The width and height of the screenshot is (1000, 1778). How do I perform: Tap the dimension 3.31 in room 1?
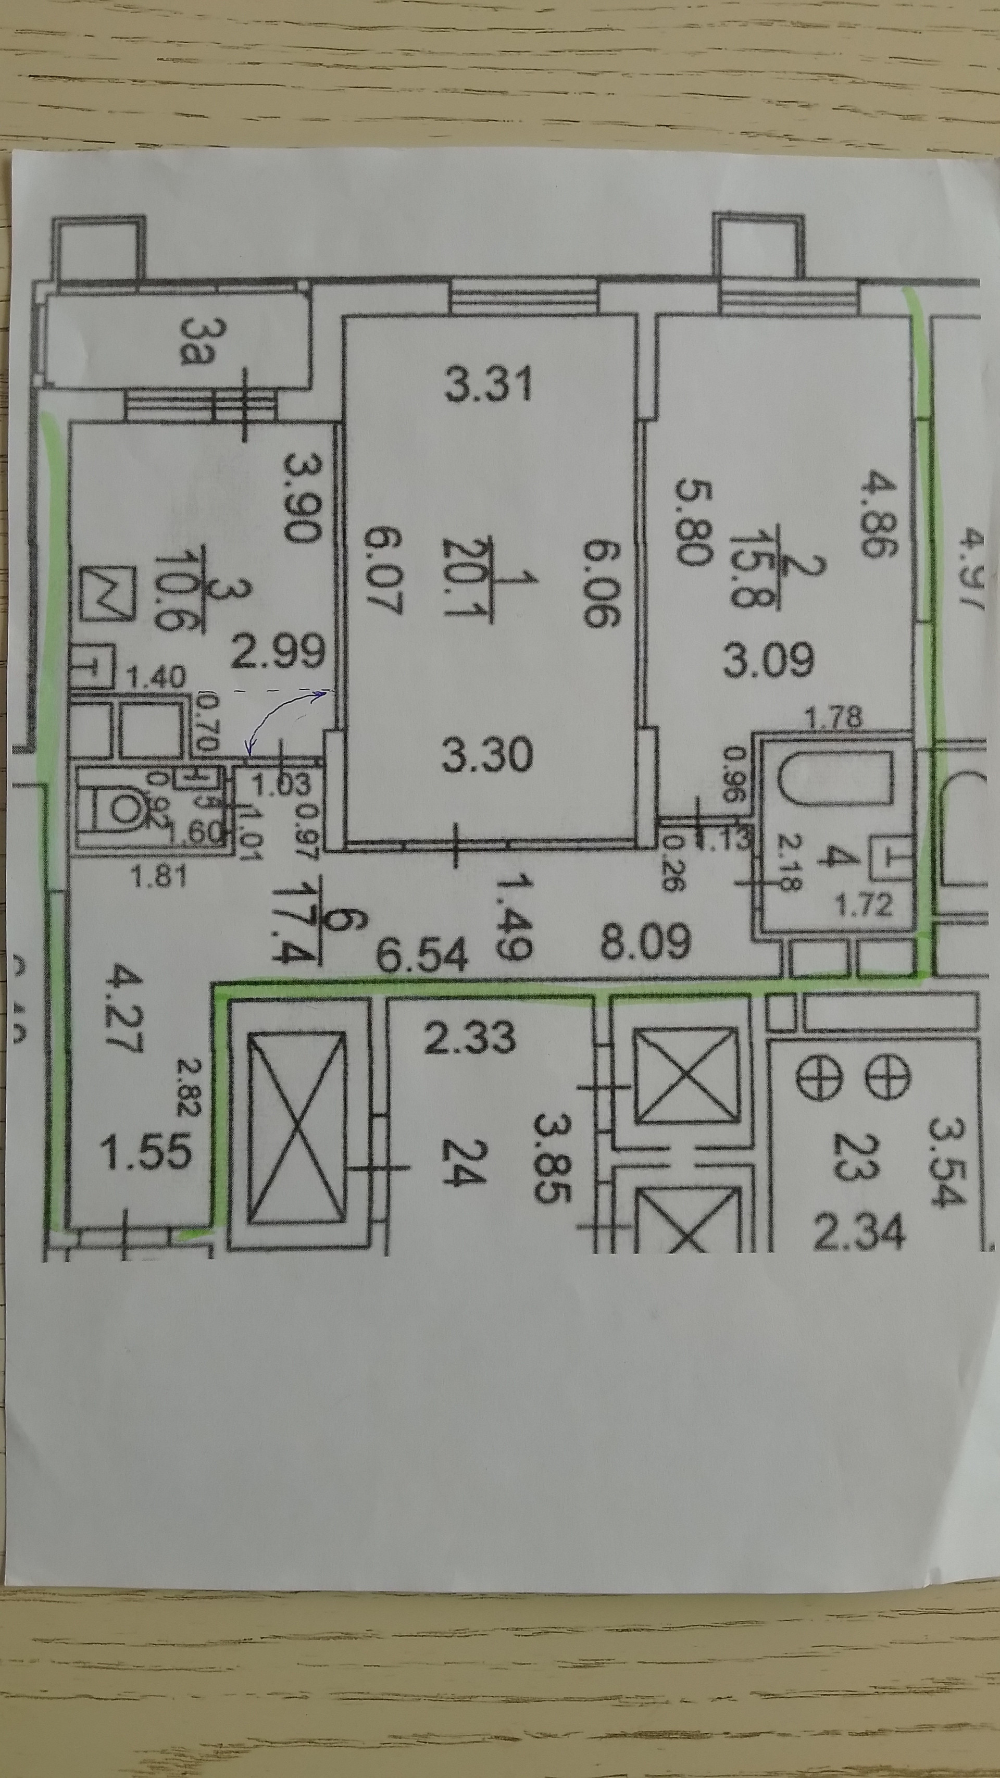489,384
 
